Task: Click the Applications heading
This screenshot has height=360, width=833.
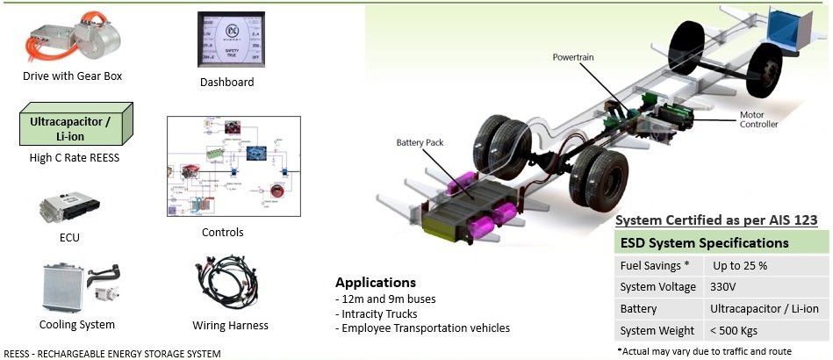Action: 375,283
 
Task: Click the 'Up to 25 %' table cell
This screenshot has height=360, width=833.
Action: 740,264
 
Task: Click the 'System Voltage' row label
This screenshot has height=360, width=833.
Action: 657,286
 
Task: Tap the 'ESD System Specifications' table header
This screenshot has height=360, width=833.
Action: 704,242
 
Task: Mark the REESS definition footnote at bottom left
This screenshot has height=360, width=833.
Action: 111,353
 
